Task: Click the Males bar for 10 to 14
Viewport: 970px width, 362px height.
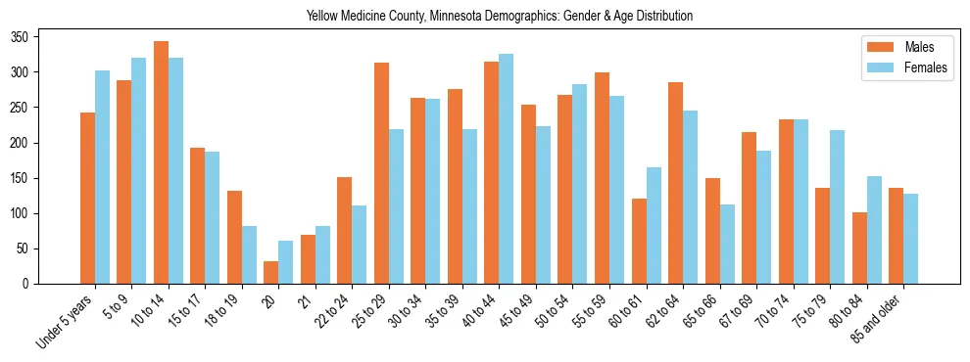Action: point(161,162)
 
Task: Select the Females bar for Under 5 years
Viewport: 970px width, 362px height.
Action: point(102,177)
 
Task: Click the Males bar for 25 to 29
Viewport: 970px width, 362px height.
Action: point(381,173)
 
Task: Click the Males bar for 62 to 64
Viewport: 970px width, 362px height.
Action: point(675,183)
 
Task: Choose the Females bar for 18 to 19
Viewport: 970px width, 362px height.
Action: point(249,254)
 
